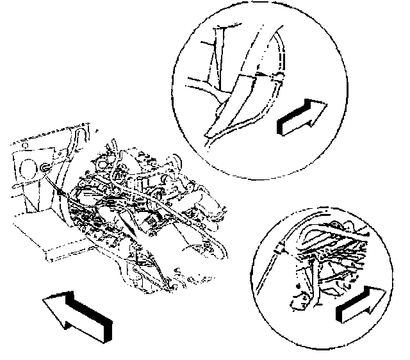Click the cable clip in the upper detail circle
coord(277,78)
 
